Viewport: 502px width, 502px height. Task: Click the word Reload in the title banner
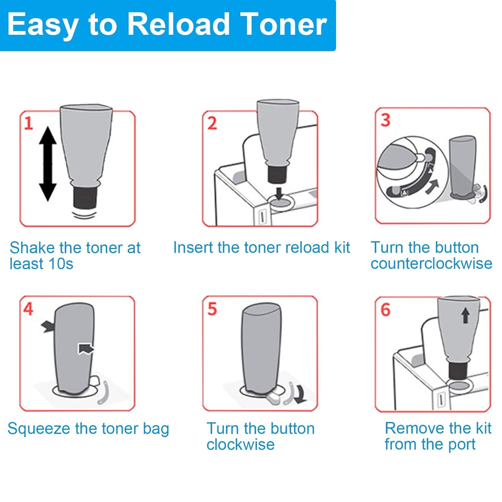[178, 24]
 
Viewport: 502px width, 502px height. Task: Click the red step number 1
[28, 123]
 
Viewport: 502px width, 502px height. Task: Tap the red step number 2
[212, 123]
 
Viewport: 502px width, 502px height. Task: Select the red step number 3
[386, 120]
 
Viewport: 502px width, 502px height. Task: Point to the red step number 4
[28, 309]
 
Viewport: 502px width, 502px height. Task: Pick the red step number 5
[212, 309]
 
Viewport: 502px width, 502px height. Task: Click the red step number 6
[386, 310]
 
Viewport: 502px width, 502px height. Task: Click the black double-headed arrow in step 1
[48, 164]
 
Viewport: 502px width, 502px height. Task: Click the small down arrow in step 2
[279, 194]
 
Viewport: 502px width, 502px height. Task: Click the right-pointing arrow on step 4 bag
[86, 348]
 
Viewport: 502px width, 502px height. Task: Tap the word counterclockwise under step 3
[431, 264]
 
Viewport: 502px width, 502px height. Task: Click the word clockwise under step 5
[240, 444]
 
